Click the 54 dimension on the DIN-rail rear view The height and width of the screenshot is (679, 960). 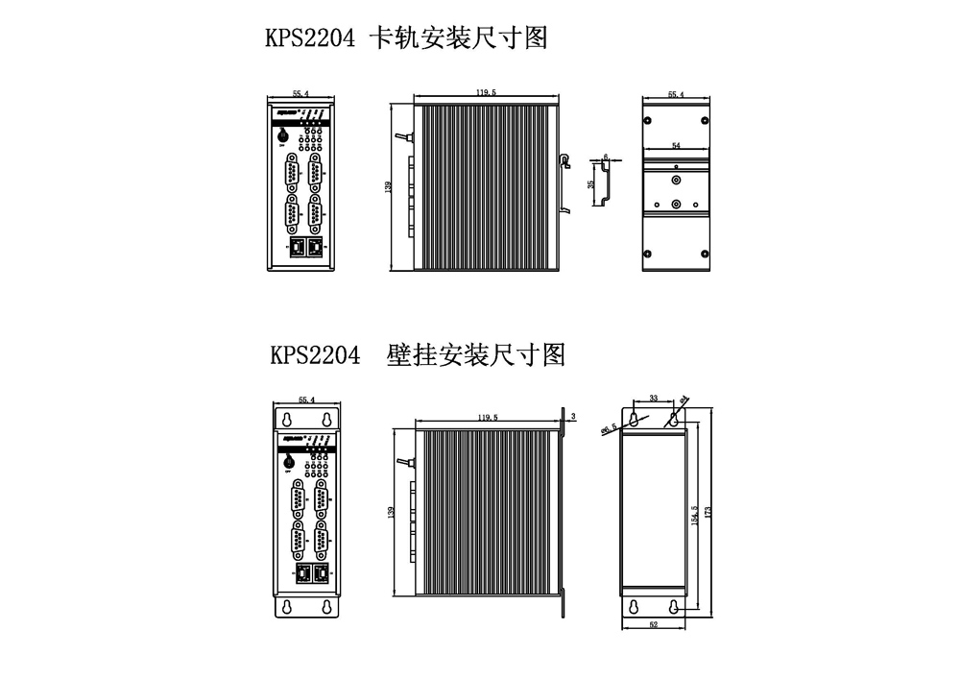point(676,145)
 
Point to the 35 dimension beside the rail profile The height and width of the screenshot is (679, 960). point(591,182)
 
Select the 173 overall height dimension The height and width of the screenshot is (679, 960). point(708,514)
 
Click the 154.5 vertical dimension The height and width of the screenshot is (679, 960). point(695,514)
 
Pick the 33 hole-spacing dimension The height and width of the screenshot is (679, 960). point(653,397)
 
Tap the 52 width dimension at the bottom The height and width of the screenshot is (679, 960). point(653,625)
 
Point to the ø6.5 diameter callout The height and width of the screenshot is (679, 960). point(609,430)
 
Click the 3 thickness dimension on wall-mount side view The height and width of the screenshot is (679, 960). point(572,416)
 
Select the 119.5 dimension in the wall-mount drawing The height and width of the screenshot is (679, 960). point(486,418)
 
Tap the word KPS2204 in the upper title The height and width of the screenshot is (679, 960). point(310,38)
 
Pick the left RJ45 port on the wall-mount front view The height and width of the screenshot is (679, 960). point(303,573)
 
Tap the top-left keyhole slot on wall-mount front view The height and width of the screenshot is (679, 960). point(287,420)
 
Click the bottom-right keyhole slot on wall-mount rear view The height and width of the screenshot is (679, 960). point(674,607)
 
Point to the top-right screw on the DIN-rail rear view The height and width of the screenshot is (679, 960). point(705,120)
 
